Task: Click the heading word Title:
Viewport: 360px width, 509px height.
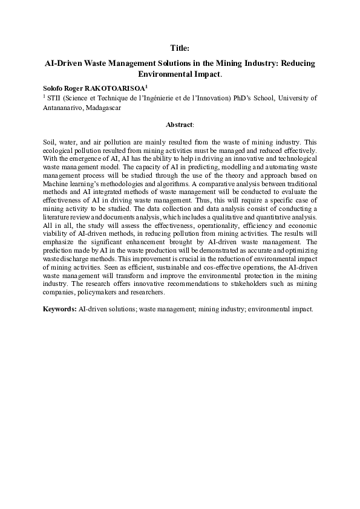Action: point(180,47)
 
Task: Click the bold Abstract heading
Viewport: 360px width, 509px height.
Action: point(180,123)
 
